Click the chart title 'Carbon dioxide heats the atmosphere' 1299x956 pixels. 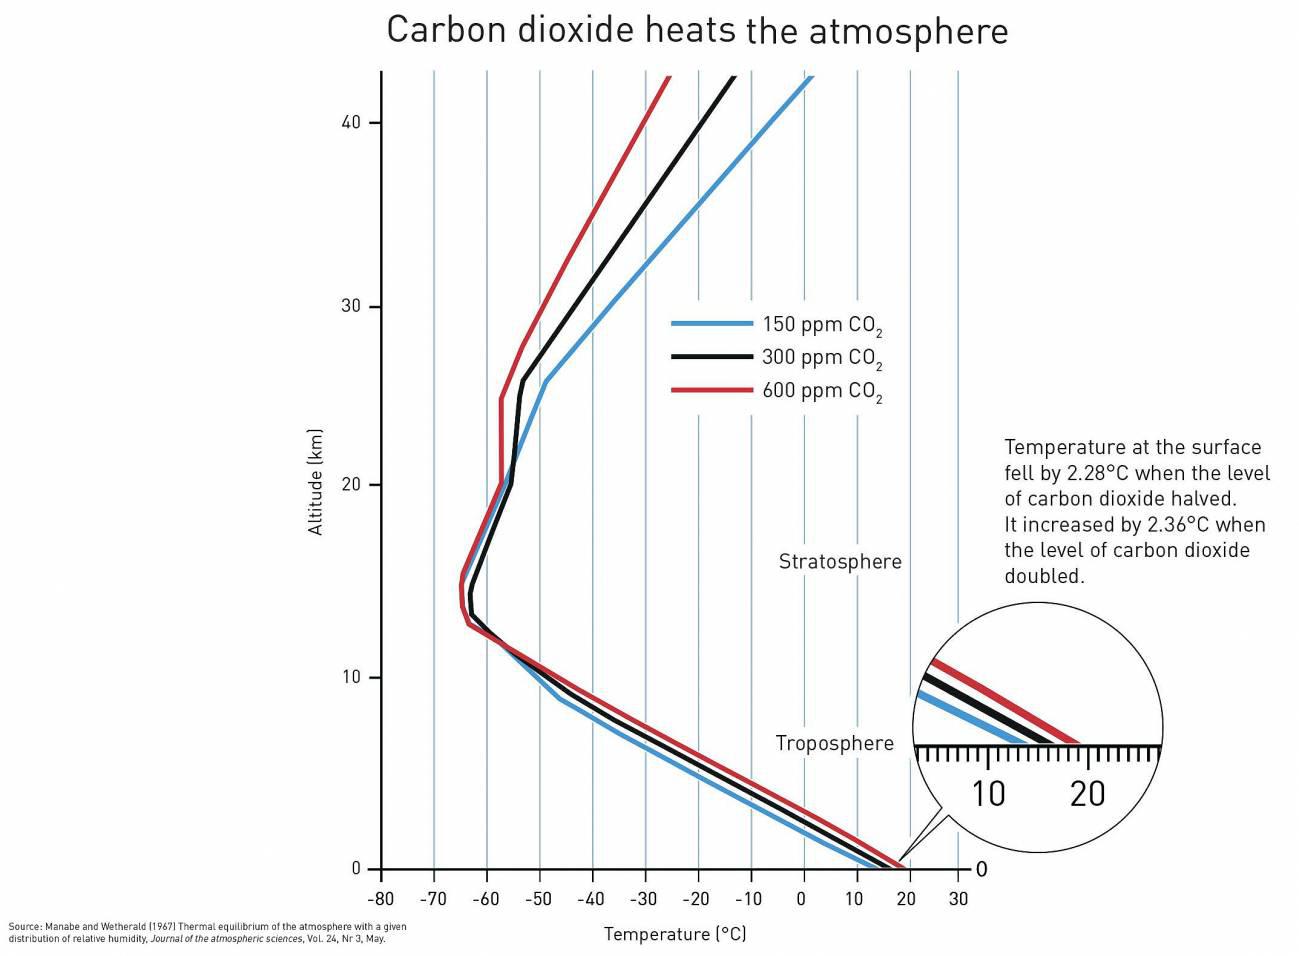[x=697, y=30]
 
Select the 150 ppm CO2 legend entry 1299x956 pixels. [x=821, y=325]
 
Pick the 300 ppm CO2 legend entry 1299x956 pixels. [x=821, y=358]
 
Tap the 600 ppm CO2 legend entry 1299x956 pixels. [x=821, y=391]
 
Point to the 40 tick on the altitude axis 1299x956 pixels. [x=350, y=122]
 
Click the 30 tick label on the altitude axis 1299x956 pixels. [x=350, y=306]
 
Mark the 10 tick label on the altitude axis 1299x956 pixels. [x=350, y=677]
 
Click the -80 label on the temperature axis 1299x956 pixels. [x=380, y=899]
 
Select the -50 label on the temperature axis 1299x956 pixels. [x=538, y=899]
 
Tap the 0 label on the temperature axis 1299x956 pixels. [x=802, y=899]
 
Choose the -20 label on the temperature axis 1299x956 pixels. [x=696, y=899]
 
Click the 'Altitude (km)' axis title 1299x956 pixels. [x=316, y=482]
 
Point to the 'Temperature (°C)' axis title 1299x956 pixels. [x=675, y=934]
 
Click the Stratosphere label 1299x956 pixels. [x=840, y=562]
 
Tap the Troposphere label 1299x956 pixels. [x=834, y=743]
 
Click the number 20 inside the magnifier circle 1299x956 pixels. [x=1087, y=794]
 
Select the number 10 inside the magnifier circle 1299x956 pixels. [x=988, y=794]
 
